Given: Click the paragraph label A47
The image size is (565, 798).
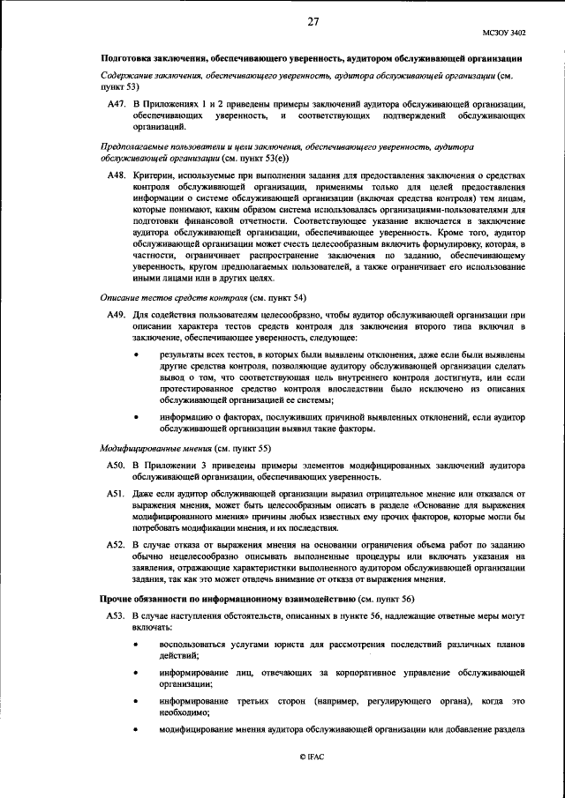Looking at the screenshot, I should [x=117, y=105].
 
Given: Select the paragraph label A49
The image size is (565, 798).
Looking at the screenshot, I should [x=117, y=314].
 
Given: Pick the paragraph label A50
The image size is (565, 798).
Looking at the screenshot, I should [x=117, y=465].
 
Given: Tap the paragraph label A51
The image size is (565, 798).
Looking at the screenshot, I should [x=117, y=495].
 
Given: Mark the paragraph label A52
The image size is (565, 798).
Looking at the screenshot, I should [x=117, y=545].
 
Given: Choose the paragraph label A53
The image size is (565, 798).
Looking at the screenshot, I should [x=117, y=612].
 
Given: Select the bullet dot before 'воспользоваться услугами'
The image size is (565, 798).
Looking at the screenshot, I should [x=136, y=645].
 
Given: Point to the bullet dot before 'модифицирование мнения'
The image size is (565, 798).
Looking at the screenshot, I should [x=136, y=730].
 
